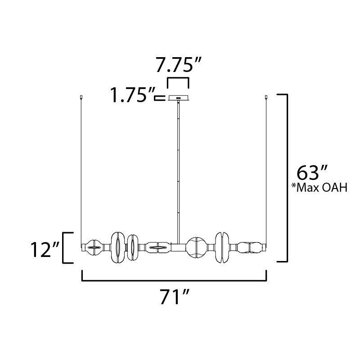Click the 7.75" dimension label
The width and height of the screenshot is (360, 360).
click(178, 65)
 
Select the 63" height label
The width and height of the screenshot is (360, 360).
click(312, 173)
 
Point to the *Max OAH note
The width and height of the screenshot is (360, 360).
click(319, 188)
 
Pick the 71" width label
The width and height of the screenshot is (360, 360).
click(175, 297)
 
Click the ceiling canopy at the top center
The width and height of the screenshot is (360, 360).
click(178, 98)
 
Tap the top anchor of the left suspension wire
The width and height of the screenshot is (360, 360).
click(81, 97)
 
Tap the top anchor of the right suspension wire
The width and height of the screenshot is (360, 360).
click(266, 97)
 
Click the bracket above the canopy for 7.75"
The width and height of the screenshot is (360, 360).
click(178, 78)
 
